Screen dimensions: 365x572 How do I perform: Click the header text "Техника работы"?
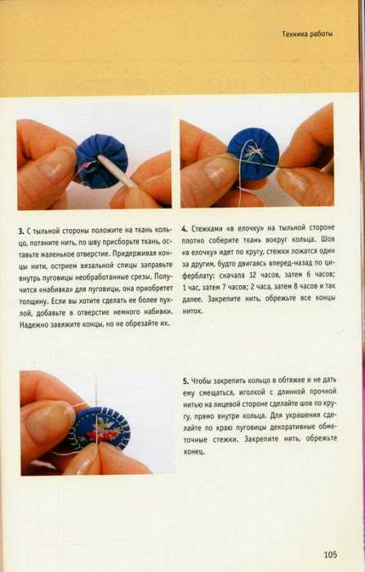coord(307,34)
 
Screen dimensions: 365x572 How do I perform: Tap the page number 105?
coord(331,555)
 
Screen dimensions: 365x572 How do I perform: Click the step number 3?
coord(20,231)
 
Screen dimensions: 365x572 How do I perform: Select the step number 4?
coord(185,229)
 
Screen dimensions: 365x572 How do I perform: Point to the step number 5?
coord(185,381)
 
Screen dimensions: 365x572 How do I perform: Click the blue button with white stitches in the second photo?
coord(253,154)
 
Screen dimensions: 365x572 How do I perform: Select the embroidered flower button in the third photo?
coord(101,428)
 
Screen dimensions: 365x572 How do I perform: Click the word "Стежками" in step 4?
coord(206,229)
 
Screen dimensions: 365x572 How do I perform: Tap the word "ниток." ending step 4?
coord(193,311)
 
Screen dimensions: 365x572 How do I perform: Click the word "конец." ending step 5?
coord(194,452)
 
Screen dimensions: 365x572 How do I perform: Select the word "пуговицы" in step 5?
coord(249,428)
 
